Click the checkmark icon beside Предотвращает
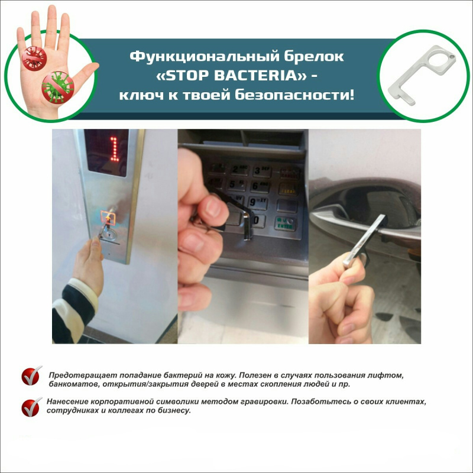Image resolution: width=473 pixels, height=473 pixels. [x=31, y=375]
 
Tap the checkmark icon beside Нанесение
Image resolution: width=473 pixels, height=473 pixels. [x=31, y=406]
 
